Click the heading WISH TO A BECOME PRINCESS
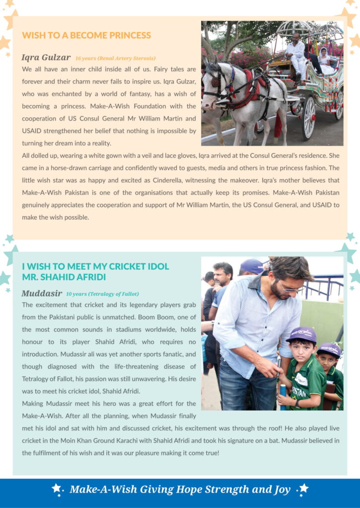(x=86, y=36)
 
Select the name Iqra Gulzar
(x=46, y=58)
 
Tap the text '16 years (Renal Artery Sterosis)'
(x=115, y=59)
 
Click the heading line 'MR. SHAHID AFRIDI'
(x=64, y=277)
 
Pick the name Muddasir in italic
(x=42, y=293)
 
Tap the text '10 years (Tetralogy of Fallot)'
(x=102, y=294)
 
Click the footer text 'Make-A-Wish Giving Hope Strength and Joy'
(x=180, y=490)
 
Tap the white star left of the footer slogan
(x=57, y=489)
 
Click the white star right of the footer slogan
(x=303, y=489)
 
